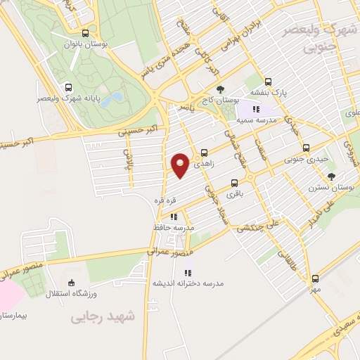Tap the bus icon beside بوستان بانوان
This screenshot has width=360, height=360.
point(85,33)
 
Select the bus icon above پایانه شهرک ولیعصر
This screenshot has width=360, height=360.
point(68,88)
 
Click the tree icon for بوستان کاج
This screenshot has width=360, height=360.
point(221,89)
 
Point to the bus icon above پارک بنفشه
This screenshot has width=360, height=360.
point(268,81)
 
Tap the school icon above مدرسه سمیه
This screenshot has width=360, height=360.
point(255,110)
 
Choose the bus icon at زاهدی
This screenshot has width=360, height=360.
point(204,152)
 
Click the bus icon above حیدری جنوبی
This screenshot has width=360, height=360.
point(305,148)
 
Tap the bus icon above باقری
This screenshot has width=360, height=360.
point(233,181)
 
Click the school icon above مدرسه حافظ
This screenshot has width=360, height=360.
point(174,217)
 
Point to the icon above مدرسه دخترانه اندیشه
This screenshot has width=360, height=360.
point(187,273)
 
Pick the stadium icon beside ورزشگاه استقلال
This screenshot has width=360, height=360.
point(49,292)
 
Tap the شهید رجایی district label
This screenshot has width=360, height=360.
point(101,317)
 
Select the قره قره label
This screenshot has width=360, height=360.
point(163,202)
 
